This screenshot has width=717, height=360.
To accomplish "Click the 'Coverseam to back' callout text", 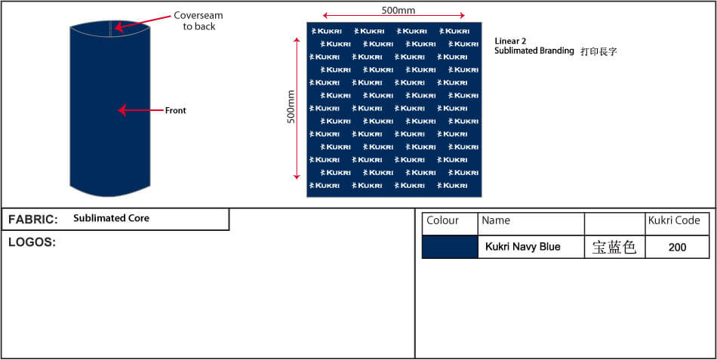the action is pyautogui.click(x=198, y=21).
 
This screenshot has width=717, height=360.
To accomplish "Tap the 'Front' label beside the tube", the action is pyautogui.click(x=176, y=110).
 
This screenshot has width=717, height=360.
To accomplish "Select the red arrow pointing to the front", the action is pyautogui.click(x=140, y=110).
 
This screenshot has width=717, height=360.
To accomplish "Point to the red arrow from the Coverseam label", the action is pyautogui.click(x=143, y=23).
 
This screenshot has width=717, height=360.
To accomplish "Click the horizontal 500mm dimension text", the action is pyautogui.click(x=399, y=10).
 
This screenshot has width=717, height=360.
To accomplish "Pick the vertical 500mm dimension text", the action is pyautogui.click(x=291, y=106).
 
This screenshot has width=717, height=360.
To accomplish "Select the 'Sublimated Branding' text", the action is pyautogui.click(x=534, y=51).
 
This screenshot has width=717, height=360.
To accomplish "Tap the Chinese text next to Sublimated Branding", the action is pyautogui.click(x=599, y=51).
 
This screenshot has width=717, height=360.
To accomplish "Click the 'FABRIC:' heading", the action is pyautogui.click(x=33, y=220).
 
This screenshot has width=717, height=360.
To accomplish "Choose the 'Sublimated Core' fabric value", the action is pyautogui.click(x=111, y=218).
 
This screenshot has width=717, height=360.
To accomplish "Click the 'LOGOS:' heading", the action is pyautogui.click(x=32, y=242).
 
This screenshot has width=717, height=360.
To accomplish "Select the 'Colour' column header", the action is pyautogui.click(x=442, y=220).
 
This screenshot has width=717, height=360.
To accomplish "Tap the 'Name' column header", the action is pyautogui.click(x=496, y=220).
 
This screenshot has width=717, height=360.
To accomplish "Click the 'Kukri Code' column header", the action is pyautogui.click(x=674, y=220).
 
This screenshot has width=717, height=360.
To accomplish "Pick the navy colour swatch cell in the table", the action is pyautogui.click(x=450, y=247).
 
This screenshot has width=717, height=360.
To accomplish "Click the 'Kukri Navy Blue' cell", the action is pyautogui.click(x=523, y=247).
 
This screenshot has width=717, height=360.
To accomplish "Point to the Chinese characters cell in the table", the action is pyautogui.click(x=614, y=248).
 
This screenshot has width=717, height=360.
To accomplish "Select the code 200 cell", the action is pyautogui.click(x=677, y=248).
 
